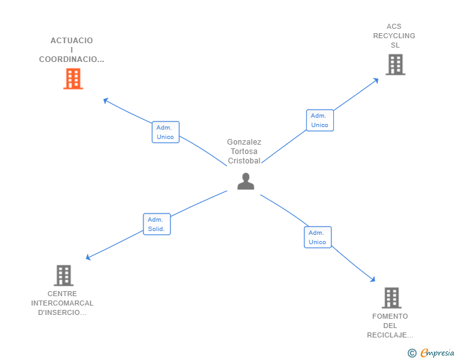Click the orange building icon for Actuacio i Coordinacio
(x=73, y=79)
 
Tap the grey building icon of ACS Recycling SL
(x=395, y=64)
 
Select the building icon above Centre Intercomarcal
(x=63, y=275)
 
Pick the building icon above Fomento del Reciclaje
(x=391, y=298)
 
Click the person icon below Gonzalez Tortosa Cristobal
(x=246, y=181)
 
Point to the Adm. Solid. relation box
(x=157, y=224)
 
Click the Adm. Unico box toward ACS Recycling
(x=319, y=120)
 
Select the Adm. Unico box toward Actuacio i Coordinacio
(x=165, y=132)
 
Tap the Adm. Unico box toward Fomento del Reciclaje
(x=318, y=237)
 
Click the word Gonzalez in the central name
(x=244, y=142)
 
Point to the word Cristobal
(x=244, y=160)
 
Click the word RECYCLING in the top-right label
(x=394, y=36)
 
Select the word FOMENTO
(x=390, y=316)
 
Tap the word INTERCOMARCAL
(x=62, y=304)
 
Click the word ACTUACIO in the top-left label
(x=71, y=41)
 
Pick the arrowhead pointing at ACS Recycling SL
(x=376, y=80)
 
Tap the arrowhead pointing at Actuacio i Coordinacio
(x=106, y=100)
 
